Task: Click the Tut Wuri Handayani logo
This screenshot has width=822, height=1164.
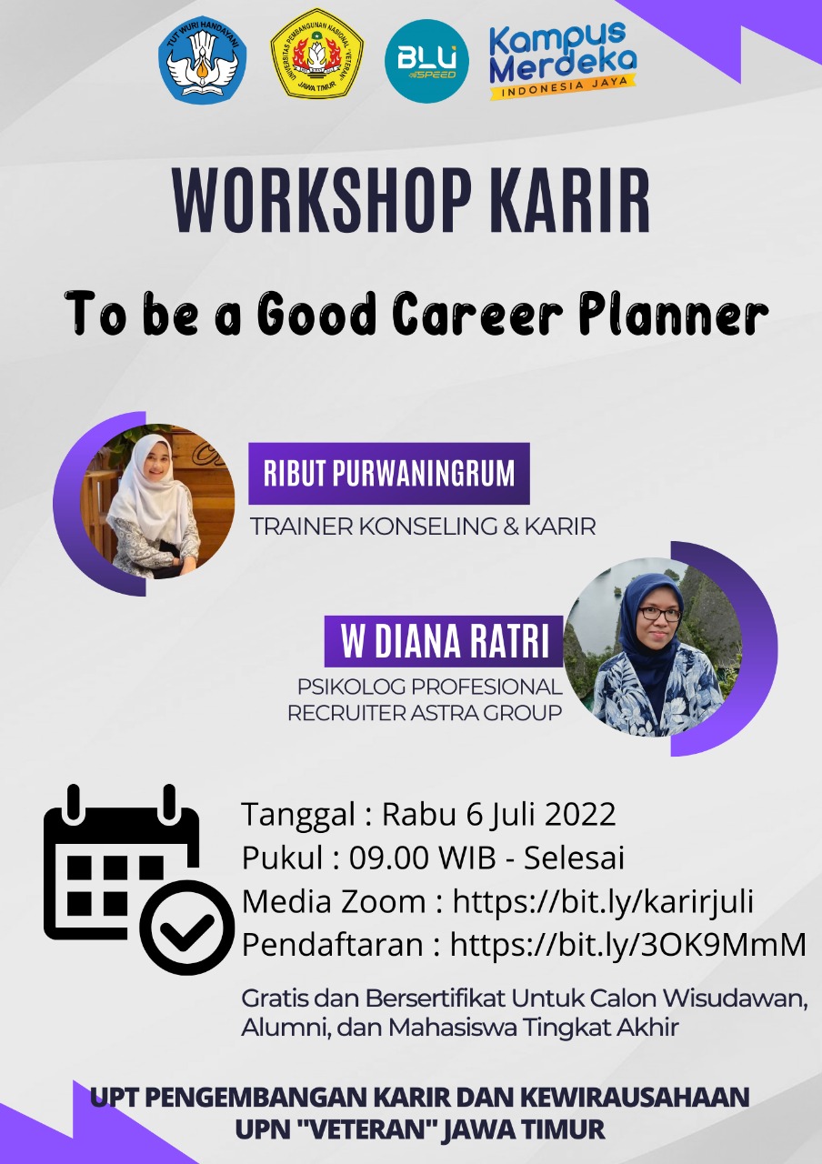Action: click(203, 59)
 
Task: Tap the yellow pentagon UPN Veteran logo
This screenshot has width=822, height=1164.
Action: click(317, 54)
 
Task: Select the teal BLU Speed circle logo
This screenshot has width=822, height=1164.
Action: click(426, 61)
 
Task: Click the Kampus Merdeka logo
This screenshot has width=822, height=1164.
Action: click(563, 60)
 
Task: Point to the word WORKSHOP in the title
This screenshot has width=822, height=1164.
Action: click(323, 201)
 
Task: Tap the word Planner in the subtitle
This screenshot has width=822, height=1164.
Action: click(674, 313)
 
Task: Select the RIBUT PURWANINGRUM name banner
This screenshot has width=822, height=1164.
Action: click(389, 474)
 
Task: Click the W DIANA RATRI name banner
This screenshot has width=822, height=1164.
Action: click(444, 641)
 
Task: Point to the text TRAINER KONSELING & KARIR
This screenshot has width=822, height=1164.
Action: click(423, 527)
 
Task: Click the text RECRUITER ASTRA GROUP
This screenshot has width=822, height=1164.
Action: click(425, 713)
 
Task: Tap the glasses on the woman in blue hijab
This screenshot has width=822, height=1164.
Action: click(659, 614)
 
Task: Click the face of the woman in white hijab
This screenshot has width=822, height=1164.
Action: click(155, 463)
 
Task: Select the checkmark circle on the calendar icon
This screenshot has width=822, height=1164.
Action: click(187, 928)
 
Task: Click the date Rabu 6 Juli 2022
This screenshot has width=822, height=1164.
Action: click(499, 814)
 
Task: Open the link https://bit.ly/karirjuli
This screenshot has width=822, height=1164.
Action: click(603, 901)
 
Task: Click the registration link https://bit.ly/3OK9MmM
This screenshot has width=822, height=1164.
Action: click(627, 944)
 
